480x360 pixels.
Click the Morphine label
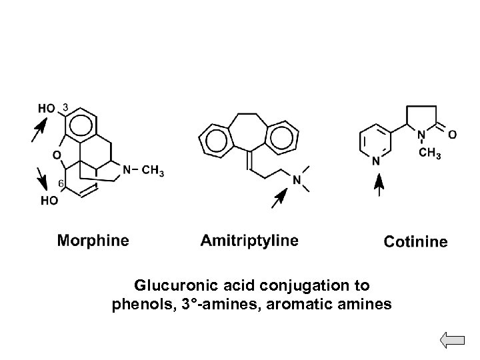tap(93, 240)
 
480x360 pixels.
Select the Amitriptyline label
tap(249, 240)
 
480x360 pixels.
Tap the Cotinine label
tap(415, 242)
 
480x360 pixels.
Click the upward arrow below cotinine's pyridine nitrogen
tap(379, 185)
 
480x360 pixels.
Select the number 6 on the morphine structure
tap(60, 183)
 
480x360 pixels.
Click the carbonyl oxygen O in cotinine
tap(453, 135)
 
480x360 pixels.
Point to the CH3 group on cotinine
tap(430, 155)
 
